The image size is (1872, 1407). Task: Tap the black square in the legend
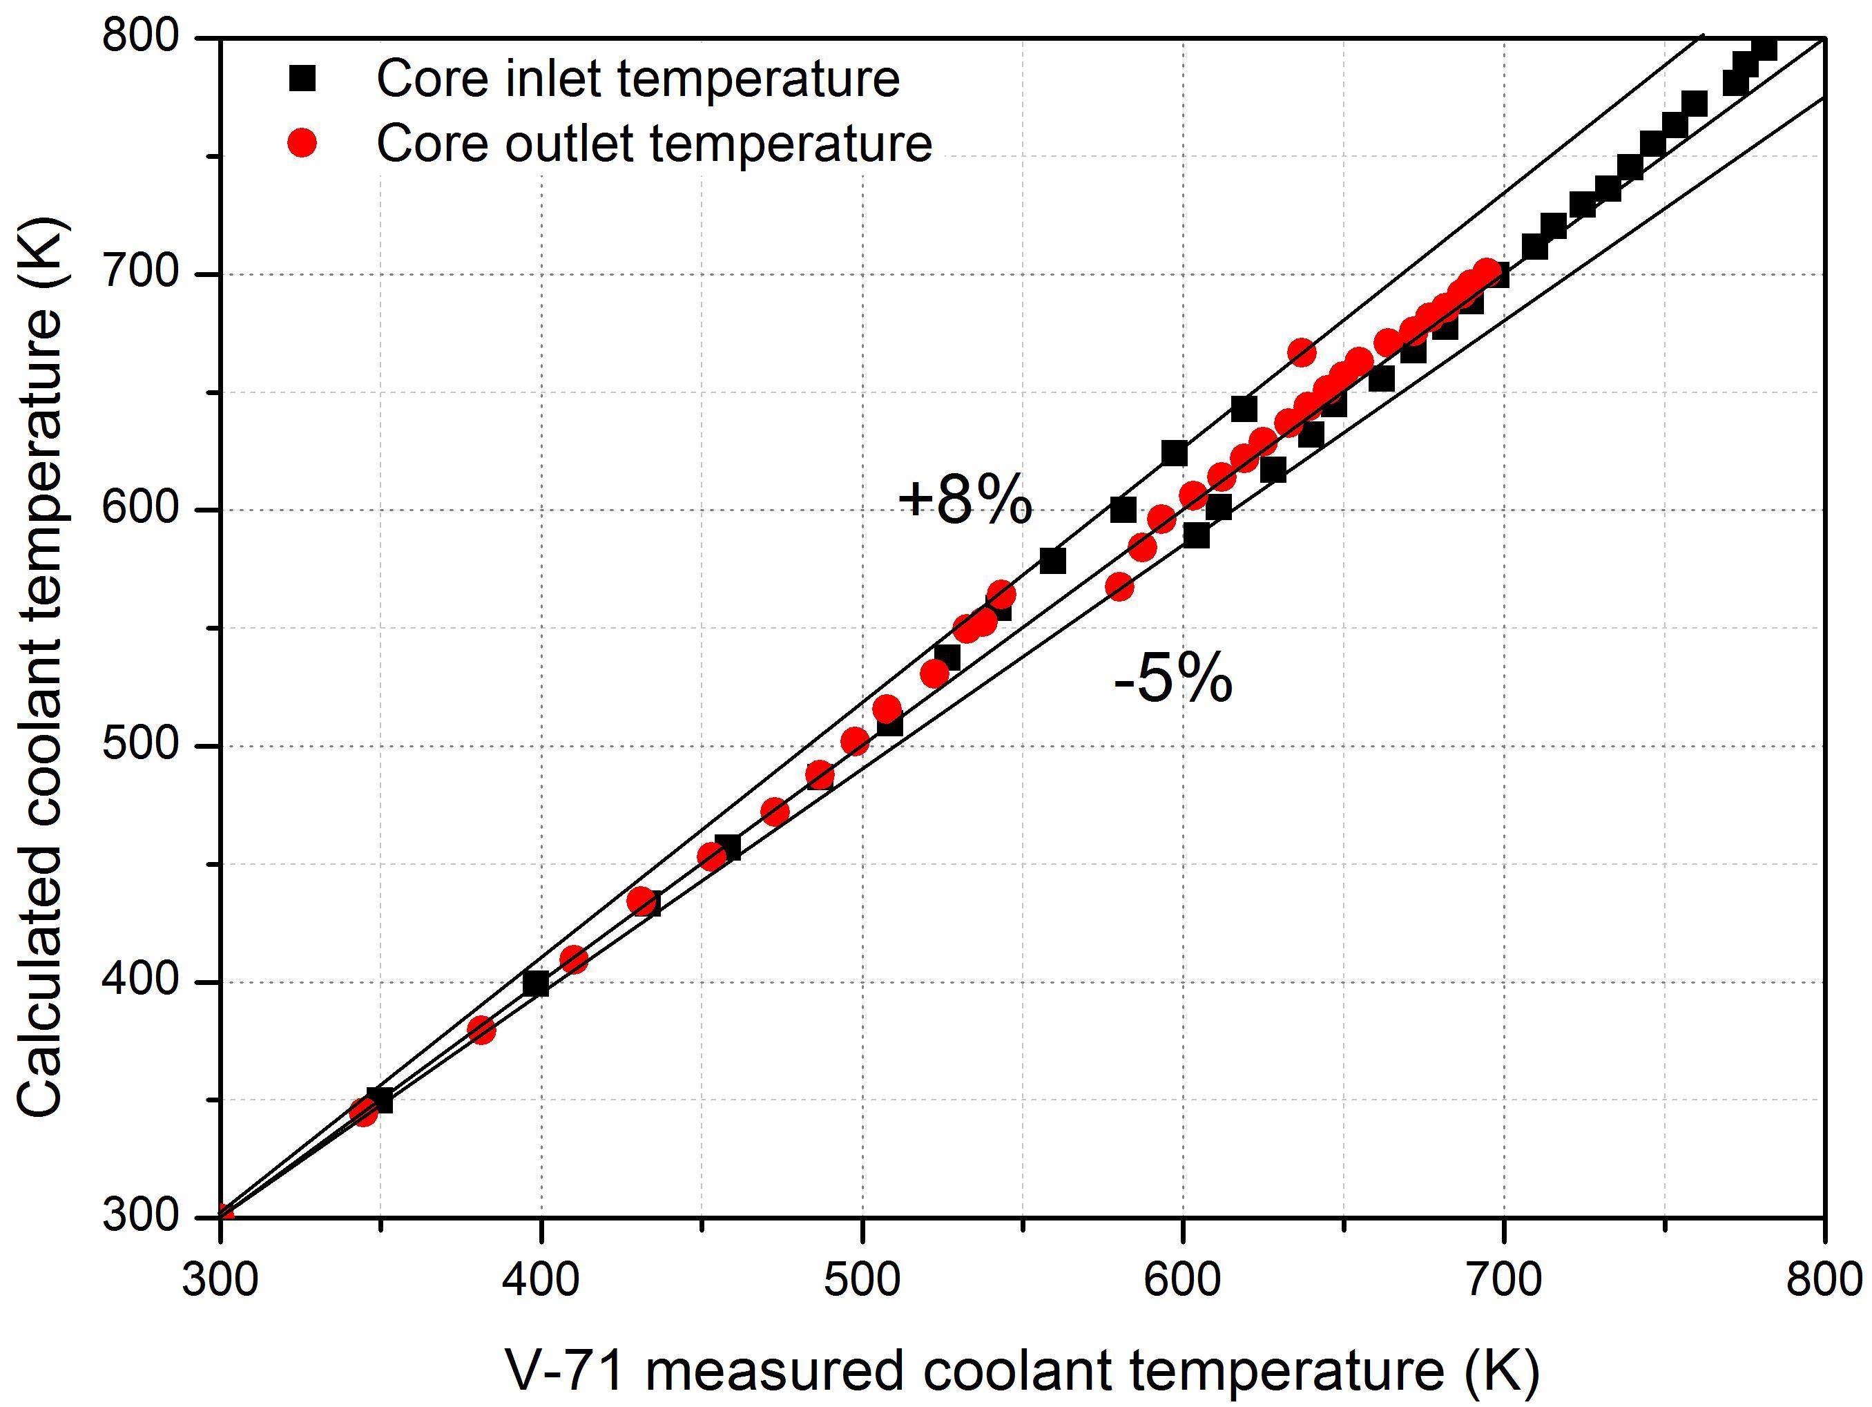pos(302,79)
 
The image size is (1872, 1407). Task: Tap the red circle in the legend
pos(302,143)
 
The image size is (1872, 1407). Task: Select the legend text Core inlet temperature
pos(638,79)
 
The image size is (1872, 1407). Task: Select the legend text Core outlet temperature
pos(654,143)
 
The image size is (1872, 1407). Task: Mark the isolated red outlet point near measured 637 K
pos(1302,353)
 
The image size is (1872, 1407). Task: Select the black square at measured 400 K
pos(536,984)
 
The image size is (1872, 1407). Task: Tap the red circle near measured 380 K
pos(481,1031)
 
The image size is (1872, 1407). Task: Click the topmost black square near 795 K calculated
pos(1764,48)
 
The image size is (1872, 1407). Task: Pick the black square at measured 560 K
pos(1053,560)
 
